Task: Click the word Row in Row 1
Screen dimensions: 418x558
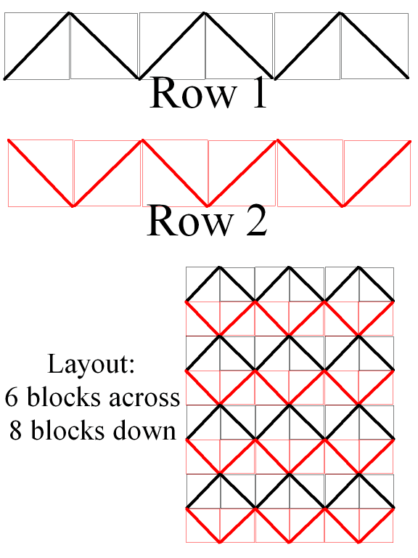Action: click(x=194, y=92)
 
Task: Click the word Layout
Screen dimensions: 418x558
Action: click(x=91, y=364)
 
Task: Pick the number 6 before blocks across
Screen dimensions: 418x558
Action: click(x=12, y=397)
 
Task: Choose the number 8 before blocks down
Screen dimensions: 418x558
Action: click(x=16, y=430)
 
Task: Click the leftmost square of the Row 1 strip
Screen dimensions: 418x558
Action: click(x=36, y=46)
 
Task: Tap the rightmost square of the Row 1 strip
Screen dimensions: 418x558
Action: click(x=374, y=46)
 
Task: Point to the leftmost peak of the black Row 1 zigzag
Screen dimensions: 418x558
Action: click(x=70, y=14)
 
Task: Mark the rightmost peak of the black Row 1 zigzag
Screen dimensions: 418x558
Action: click(x=340, y=14)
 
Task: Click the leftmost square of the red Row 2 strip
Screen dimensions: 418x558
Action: click(x=41, y=173)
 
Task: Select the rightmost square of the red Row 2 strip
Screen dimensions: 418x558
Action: click(x=377, y=174)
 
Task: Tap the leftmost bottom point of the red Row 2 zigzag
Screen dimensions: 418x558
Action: click(x=73, y=206)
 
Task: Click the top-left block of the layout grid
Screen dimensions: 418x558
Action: click(x=203, y=284)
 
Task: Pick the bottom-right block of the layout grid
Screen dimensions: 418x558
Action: click(x=376, y=525)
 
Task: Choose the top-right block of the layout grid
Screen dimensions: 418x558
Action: click(x=377, y=284)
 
